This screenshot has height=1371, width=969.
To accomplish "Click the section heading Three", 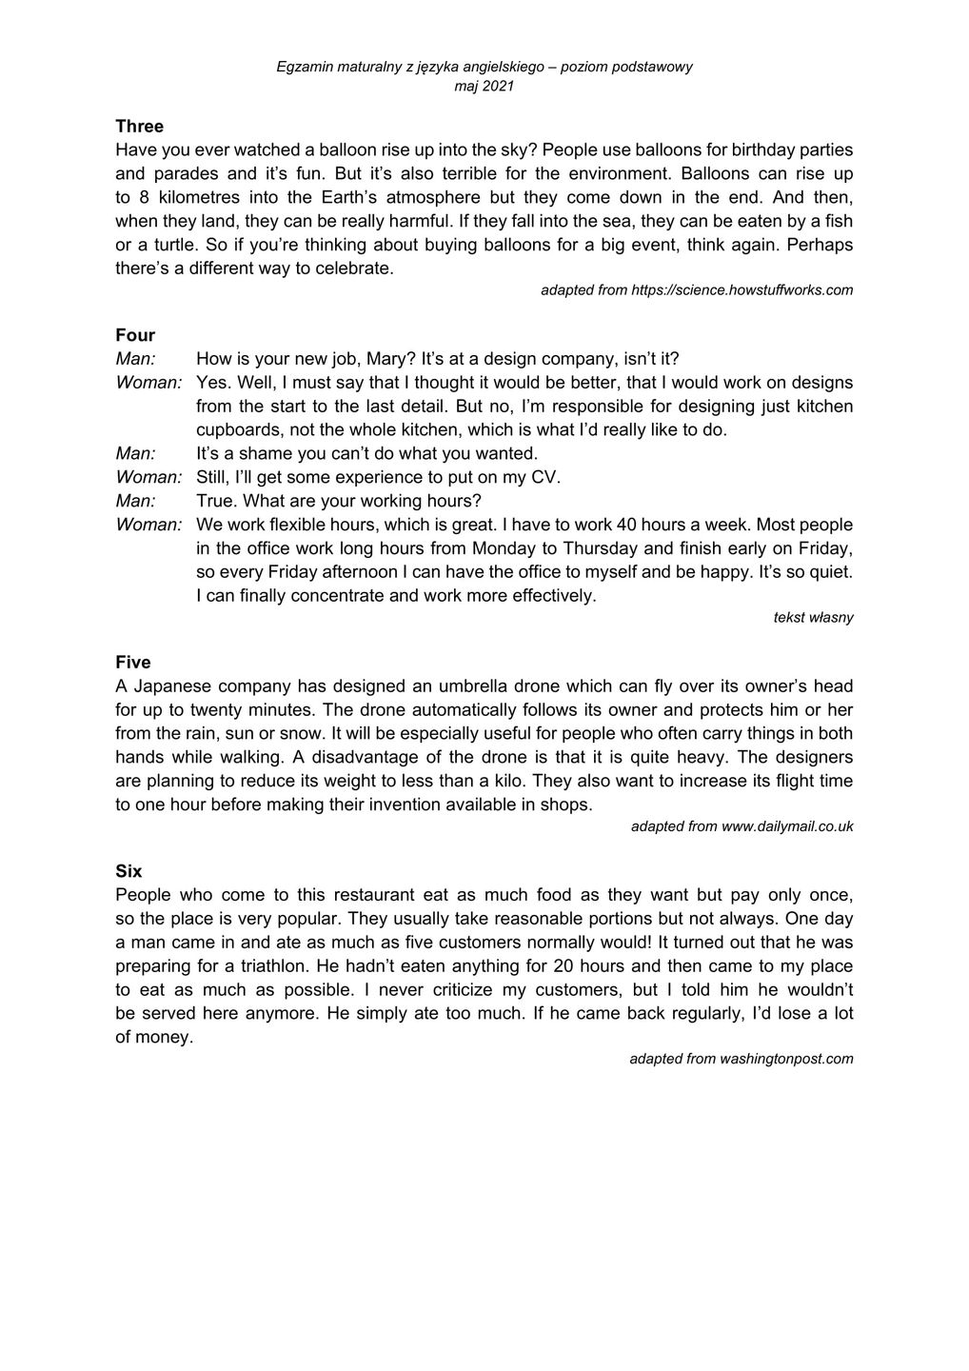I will point(139,126).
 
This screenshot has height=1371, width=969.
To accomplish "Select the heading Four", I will point(135,335).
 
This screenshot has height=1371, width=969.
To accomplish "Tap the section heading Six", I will point(129,871).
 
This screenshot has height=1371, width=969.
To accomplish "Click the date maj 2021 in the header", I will point(484,86).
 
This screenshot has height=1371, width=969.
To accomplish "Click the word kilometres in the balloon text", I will point(196,197).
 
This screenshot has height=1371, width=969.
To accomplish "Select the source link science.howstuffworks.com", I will point(742,289).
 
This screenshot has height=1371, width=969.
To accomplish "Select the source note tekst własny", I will point(813,617).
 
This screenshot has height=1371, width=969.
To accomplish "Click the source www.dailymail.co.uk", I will point(786,826).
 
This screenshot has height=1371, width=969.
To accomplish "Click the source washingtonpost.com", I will point(786,1059).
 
